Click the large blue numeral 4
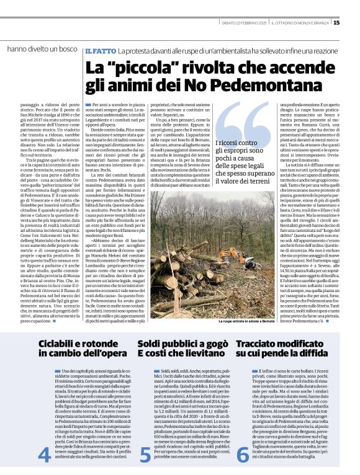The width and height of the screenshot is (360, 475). [44, 455]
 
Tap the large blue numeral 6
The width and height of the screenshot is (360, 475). [243, 455]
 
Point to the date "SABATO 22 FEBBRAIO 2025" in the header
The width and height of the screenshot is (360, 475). [245, 23]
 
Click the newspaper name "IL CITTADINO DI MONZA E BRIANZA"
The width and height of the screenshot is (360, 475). [301, 23]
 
